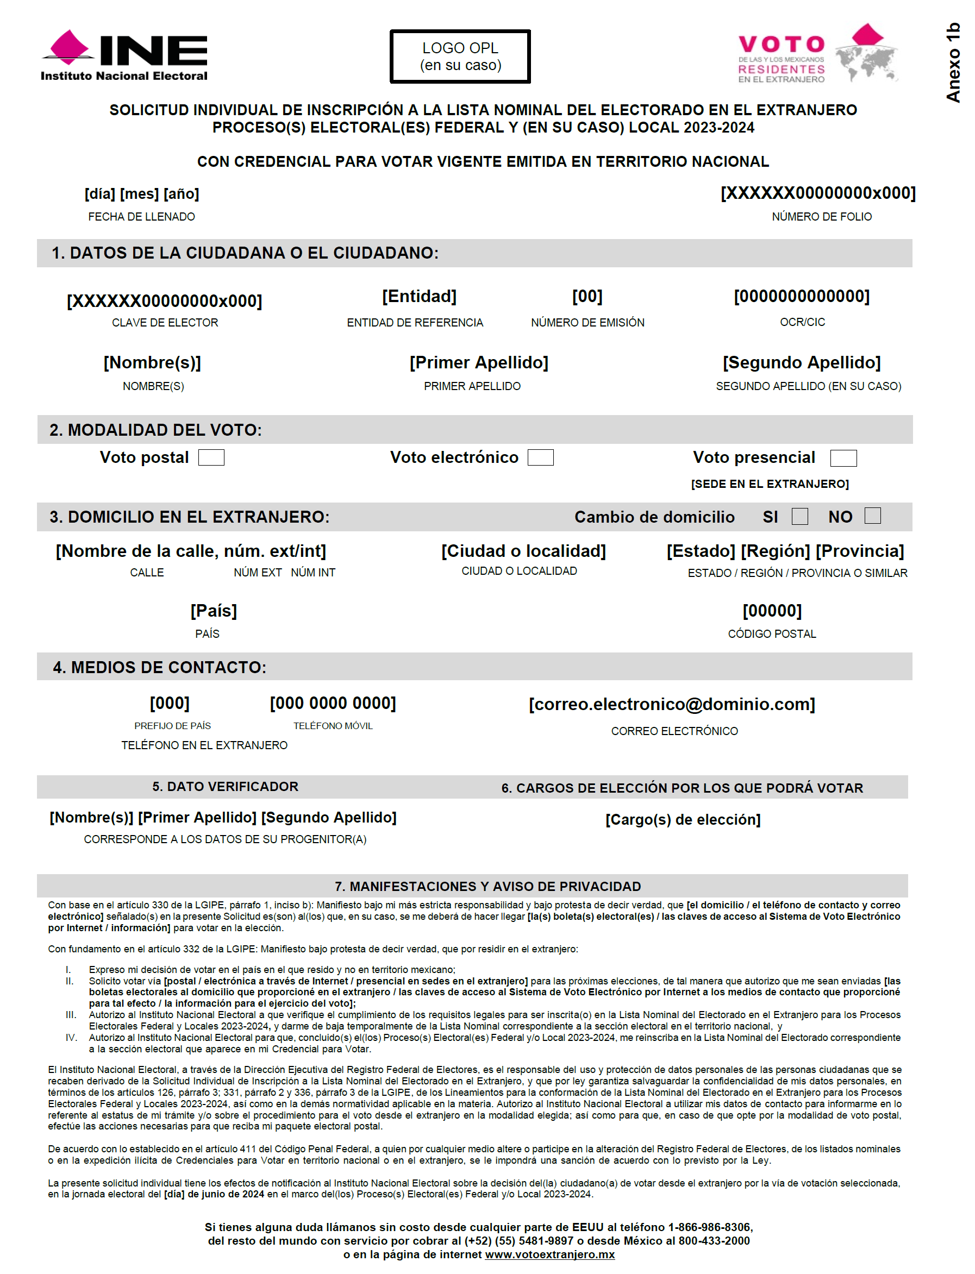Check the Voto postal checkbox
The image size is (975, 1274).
(x=211, y=458)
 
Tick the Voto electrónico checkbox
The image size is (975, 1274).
(x=540, y=458)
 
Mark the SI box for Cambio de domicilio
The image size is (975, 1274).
(x=800, y=516)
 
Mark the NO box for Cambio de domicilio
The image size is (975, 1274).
(x=872, y=516)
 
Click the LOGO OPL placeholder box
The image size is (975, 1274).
(x=460, y=57)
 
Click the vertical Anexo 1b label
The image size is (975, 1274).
(x=953, y=62)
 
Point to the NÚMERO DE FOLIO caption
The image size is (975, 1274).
(x=821, y=217)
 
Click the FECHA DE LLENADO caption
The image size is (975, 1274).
(x=142, y=217)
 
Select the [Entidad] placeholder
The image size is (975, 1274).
(x=419, y=297)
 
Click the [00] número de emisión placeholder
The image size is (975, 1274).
(x=587, y=297)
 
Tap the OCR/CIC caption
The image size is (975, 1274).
(x=802, y=322)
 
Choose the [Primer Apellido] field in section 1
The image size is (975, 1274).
(x=479, y=362)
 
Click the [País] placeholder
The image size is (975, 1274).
(x=214, y=611)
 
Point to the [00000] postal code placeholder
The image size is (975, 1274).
(x=772, y=611)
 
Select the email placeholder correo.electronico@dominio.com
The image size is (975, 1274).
(x=672, y=704)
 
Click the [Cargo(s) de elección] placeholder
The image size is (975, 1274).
(x=683, y=820)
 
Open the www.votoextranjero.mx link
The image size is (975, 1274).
(x=549, y=1254)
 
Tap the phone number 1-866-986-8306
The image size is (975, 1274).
(x=710, y=1227)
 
